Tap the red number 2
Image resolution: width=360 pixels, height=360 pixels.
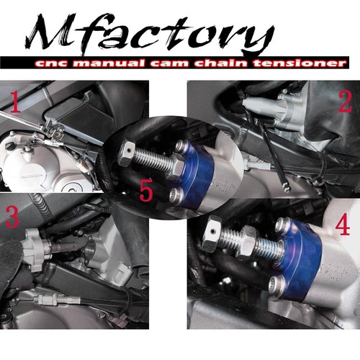[344, 102]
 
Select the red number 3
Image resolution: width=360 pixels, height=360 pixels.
[12, 216]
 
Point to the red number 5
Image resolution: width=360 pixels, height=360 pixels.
[146, 191]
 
